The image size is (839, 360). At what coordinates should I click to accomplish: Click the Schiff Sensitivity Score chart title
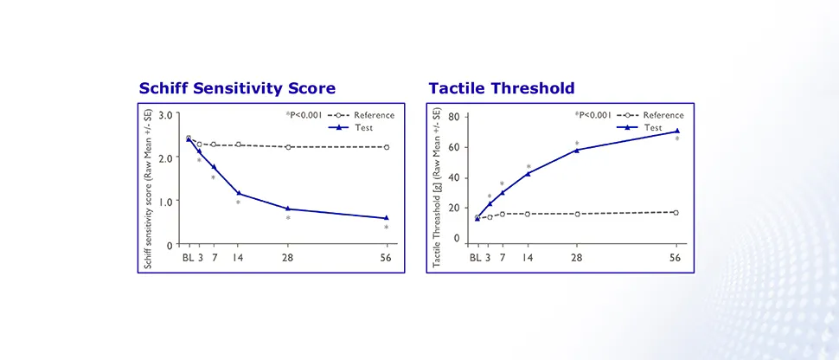point(237,88)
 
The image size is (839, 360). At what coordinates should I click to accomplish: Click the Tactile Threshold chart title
point(502,88)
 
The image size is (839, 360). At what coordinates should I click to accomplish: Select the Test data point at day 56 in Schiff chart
point(386,218)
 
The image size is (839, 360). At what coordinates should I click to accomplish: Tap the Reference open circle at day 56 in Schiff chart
point(386,147)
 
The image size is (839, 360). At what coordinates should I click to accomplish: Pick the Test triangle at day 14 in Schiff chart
point(239,193)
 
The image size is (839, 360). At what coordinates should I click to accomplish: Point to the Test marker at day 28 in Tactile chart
point(577,150)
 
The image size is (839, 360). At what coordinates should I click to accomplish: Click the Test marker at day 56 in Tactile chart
point(676,131)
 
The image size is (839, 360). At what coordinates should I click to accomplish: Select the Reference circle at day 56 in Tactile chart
point(676,212)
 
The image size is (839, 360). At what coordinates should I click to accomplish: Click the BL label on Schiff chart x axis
point(187,257)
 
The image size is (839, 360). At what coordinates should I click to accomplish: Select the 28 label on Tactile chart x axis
point(577,257)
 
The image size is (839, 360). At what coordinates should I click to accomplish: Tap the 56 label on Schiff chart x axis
point(386,257)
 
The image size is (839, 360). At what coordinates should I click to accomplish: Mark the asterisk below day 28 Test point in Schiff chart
point(288,219)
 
